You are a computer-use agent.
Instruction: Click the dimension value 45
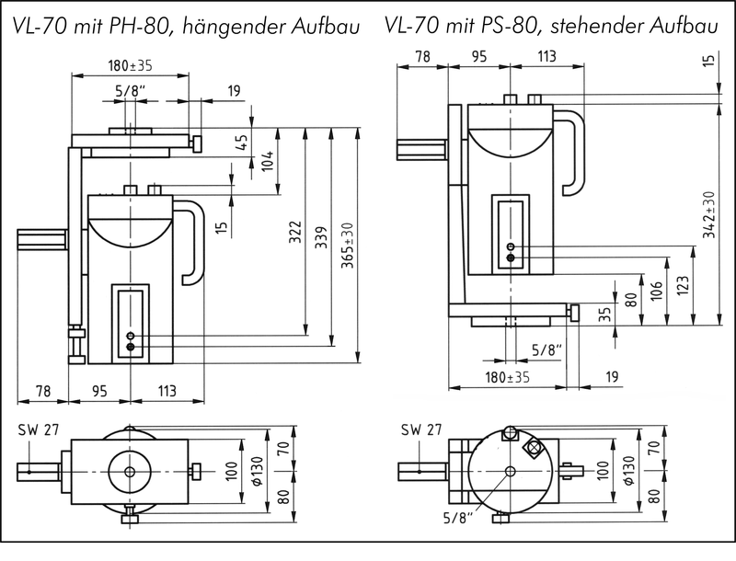click(x=241, y=143)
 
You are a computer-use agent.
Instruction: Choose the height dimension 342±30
click(x=707, y=214)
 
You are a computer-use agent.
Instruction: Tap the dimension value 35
click(x=604, y=314)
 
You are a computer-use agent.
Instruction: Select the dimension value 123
click(x=681, y=285)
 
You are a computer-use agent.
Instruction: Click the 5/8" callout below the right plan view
click(x=457, y=518)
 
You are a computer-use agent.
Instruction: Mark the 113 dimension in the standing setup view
click(x=546, y=57)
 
